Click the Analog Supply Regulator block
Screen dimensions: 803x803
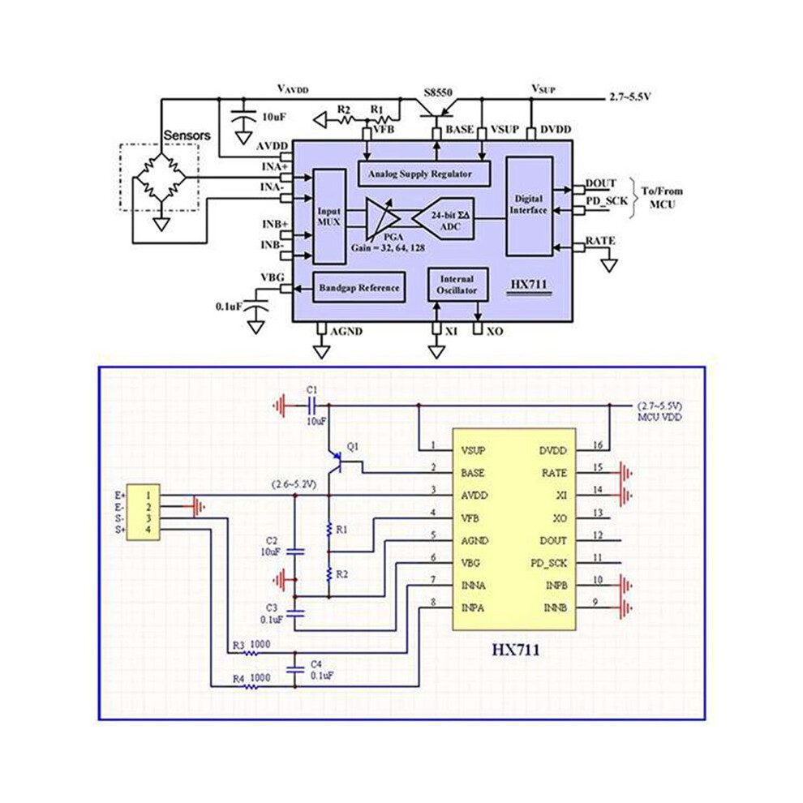pyautogui.click(x=423, y=174)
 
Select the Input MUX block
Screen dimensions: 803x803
pyautogui.click(x=328, y=217)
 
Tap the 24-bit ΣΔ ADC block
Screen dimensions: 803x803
pyautogui.click(x=444, y=219)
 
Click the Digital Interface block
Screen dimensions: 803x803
pyautogui.click(x=529, y=206)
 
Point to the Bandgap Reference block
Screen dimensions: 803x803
pyautogui.click(x=359, y=287)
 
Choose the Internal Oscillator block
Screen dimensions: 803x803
pyautogui.click(x=457, y=285)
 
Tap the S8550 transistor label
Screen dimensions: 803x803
pyautogui.click(x=438, y=92)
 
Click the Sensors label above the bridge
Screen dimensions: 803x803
pyautogui.click(x=187, y=135)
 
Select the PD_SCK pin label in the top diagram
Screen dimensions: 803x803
pyautogui.click(x=607, y=201)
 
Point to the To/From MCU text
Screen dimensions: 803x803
pyautogui.click(x=662, y=198)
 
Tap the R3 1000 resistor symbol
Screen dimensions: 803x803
pyautogui.click(x=251, y=653)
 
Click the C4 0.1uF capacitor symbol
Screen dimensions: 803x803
pyautogui.click(x=295, y=669)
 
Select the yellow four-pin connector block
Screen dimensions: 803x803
pyautogui.click(x=143, y=512)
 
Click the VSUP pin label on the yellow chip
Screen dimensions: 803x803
pyautogui.click(x=473, y=451)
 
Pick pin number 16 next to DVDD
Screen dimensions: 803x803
pyautogui.click(x=598, y=445)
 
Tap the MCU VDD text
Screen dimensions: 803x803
pyautogui.click(x=659, y=418)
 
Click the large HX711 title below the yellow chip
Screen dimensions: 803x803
pyautogui.click(x=516, y=651)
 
